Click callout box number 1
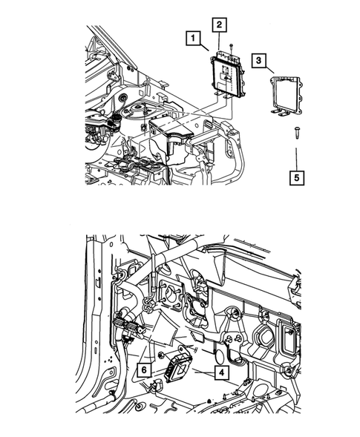[192, 37]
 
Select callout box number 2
[219, 25]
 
